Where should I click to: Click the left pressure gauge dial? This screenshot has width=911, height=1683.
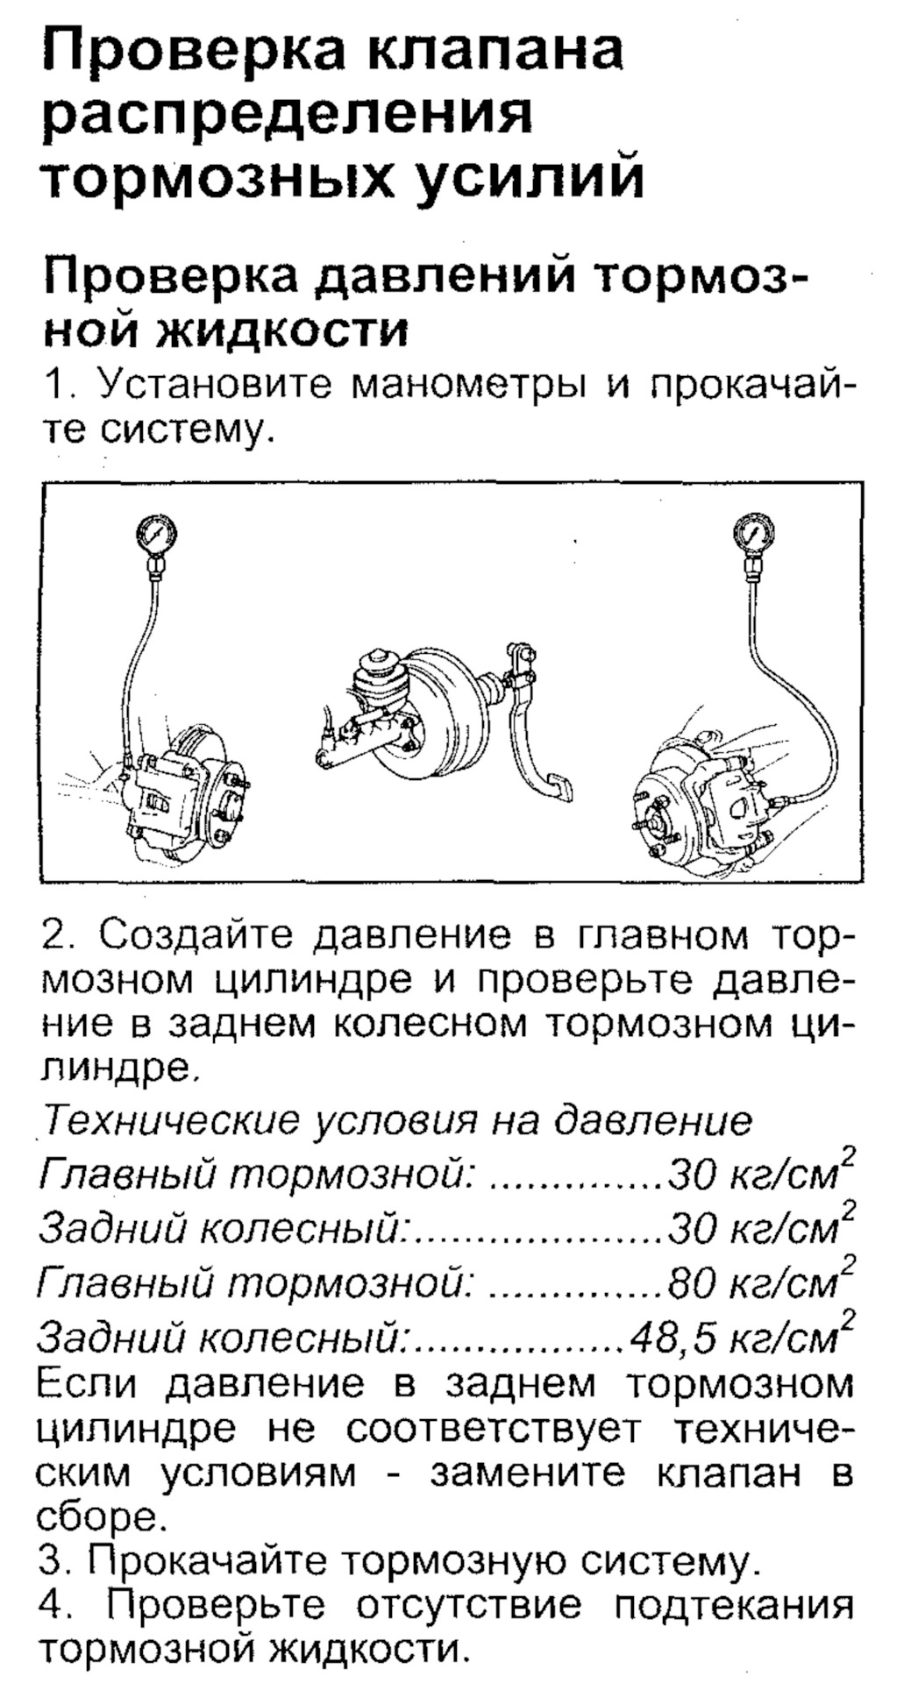point(157,532)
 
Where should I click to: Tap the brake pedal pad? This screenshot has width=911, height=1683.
point(558,785)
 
